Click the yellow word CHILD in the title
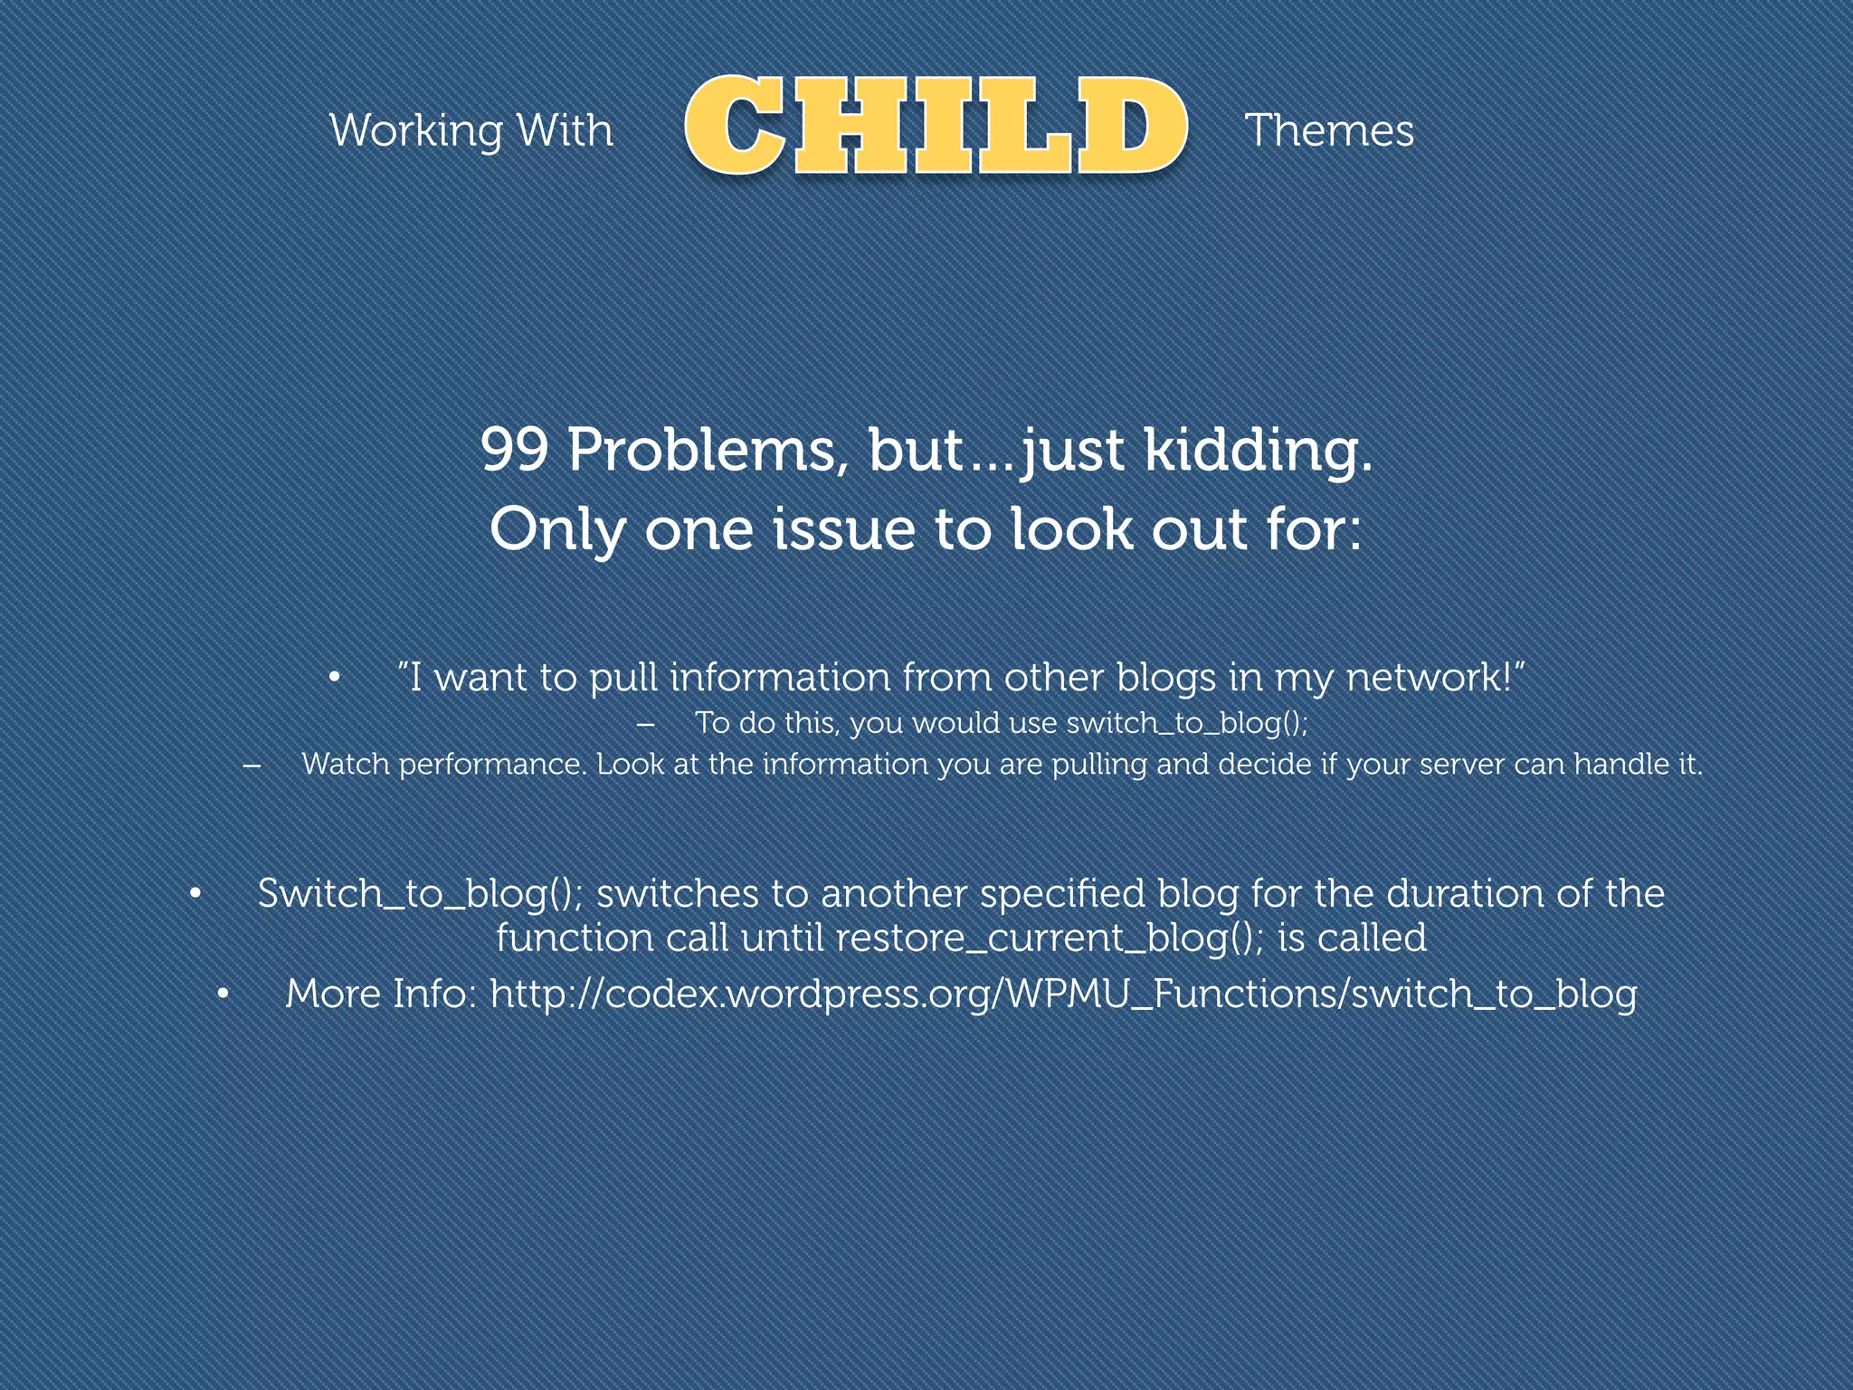pos(935,126)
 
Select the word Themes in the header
pos(1328,131)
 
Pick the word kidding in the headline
pos(1258,451)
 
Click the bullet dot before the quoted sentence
pos(335,677)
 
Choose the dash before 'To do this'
pos(645,724)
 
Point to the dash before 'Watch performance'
pos(252,766)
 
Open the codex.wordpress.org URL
pos(1063,995)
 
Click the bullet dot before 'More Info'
pos(223,995)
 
